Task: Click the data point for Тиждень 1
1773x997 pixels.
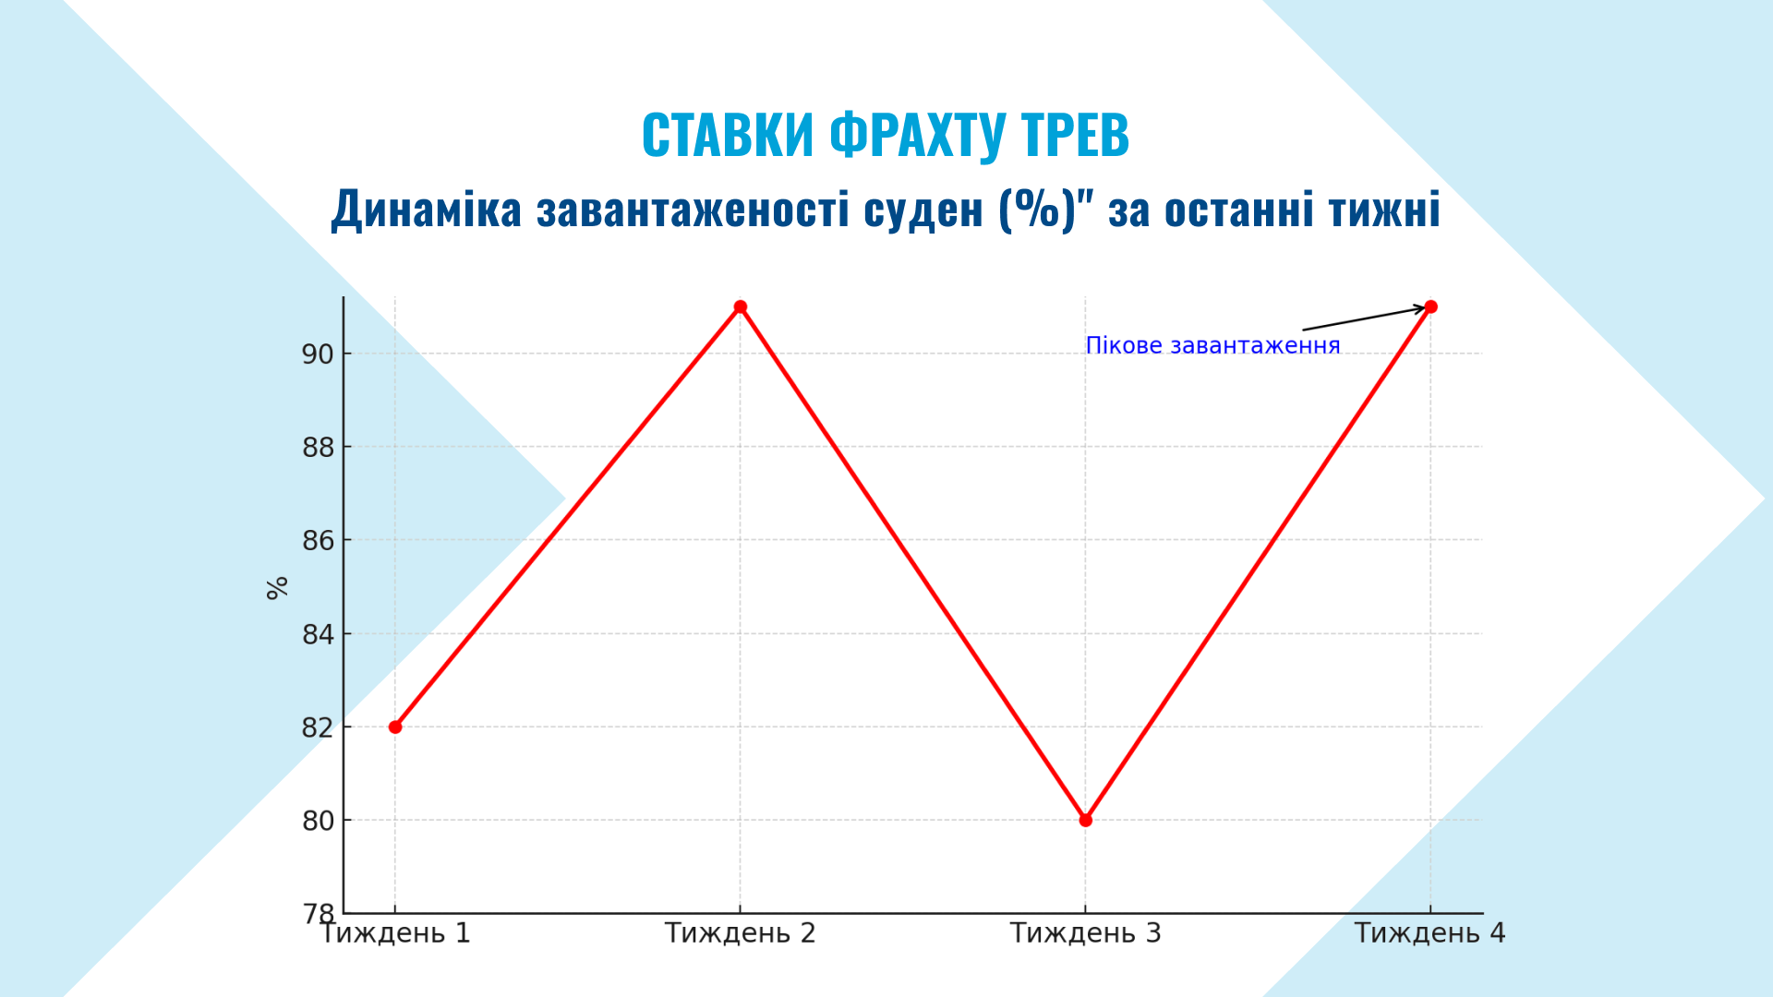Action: pos(395,727)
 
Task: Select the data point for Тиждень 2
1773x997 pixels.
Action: pos(741,306)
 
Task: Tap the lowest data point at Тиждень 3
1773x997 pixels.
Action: pos(1086,820)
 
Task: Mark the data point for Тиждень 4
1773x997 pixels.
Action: pos(1431,306)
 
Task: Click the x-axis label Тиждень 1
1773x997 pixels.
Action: pos(395,933)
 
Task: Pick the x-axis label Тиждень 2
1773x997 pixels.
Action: pos(741,933)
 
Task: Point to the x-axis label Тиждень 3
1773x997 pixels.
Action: pos(1086,933)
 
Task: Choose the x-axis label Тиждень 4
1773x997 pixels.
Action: pos(1430,933)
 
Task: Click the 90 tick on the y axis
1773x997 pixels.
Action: pos(318,354)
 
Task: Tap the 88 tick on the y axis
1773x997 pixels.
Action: pos(318,448)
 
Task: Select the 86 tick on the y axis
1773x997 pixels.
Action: pos(318,541)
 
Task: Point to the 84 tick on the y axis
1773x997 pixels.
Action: pos(318,634)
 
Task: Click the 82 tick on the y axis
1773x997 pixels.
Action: pos(318,727)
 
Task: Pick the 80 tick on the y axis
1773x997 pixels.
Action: pos(318,821)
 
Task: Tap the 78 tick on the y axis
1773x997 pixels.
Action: pos(318,914)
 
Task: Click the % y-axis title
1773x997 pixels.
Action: pos(277,588)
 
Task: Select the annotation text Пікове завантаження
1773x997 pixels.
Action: pos(1212,345)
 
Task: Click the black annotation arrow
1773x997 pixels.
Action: pos(1365,318)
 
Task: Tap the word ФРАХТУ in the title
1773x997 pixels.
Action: pos(917,136)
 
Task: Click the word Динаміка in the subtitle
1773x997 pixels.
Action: pos(427,209)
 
